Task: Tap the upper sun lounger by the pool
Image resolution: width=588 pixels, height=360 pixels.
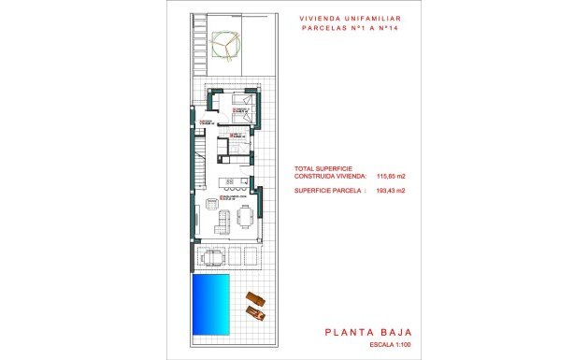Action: point(253,299)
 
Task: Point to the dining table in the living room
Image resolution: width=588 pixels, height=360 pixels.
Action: point(245,218)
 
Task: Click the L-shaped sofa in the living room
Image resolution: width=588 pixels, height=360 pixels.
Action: point(223,221)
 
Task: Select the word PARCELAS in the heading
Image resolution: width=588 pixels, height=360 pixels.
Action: point(328,28)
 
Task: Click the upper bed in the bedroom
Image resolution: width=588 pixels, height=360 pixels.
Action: point(240,100)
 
